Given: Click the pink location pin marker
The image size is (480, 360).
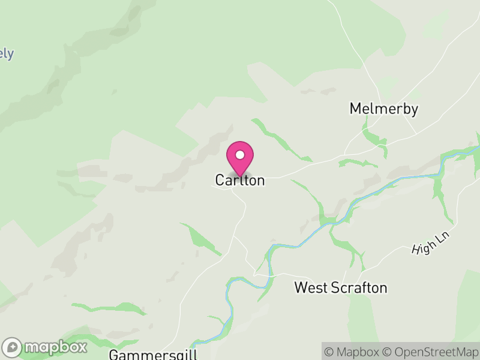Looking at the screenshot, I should pos(240,158).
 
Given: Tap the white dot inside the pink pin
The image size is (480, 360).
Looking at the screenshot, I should pos(240,155).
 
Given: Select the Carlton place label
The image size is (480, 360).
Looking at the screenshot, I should pos(240,180).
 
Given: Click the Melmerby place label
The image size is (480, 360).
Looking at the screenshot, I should pos(384,109).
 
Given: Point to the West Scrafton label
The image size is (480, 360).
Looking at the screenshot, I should pos(340,288).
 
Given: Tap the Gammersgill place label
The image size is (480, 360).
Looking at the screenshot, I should pos(153,354).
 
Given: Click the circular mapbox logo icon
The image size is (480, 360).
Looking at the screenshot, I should pos(13,347).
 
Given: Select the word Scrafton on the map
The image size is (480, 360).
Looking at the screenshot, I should pos(359,288).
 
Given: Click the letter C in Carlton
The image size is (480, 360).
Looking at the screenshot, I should pos(220,180).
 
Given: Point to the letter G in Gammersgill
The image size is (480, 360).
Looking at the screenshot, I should pos(114,354).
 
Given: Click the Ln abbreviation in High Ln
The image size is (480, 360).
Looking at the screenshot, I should pos(442,236).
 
